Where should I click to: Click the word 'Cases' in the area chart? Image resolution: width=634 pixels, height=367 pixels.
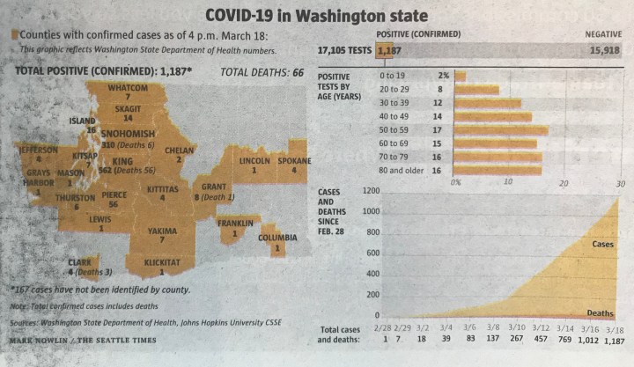(602, 244)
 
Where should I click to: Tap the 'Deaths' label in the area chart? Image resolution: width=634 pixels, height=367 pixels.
(601, 312)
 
